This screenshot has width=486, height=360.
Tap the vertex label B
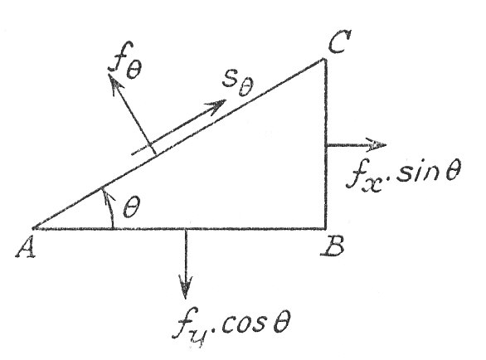[332, 246]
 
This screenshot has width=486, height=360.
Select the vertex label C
[339, 41]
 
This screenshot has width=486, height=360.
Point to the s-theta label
[238, 83]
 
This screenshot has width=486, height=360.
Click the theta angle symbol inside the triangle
[131, 207]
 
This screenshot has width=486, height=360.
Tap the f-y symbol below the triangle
[189, 328]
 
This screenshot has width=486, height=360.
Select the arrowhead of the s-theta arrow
[217, 106]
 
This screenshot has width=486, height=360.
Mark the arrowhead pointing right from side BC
[377, 144]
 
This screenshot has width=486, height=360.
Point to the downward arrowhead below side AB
[186, 287]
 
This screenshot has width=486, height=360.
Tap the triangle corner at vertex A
[33, 229]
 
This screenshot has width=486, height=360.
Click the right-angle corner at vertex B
[326, 229]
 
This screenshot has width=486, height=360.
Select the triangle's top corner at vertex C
[325, 60]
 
